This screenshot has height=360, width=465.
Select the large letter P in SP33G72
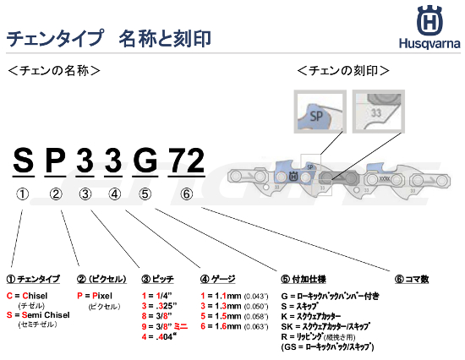(54, 159)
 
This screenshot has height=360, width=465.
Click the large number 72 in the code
(185, 159)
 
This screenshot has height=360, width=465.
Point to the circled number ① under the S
(23, 194)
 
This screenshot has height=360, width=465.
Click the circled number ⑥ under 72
(186, 194)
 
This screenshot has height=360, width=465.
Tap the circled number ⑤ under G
(145, 194)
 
